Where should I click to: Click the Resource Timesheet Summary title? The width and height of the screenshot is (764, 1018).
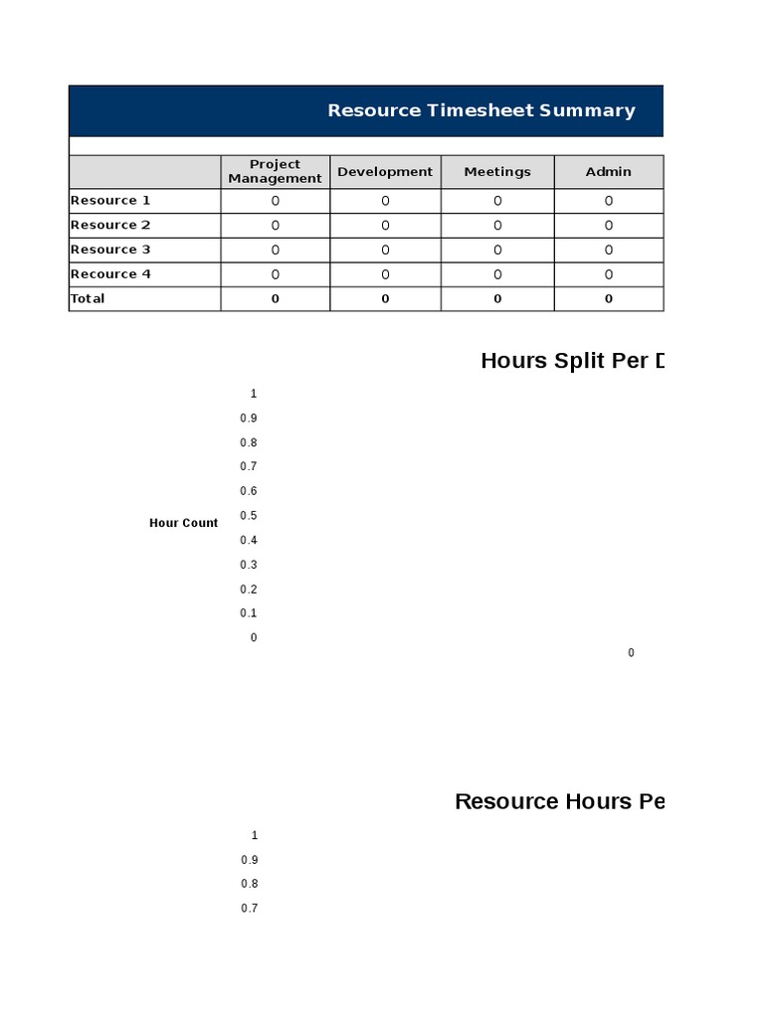coord(481,110)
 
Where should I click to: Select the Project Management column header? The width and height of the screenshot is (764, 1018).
coord(275,171)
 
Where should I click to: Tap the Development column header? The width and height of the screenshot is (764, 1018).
coord(385,171)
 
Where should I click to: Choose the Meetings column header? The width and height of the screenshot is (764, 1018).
coord(497,171)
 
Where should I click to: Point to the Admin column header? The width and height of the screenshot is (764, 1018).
coord(608,171)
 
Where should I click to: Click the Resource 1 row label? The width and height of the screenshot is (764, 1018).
coord(110,200)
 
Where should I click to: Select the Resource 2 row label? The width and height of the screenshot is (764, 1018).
coord(110,225)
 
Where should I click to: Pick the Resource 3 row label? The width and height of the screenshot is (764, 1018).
coord(110,250)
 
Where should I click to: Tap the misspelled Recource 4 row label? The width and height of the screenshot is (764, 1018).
coord(110,274)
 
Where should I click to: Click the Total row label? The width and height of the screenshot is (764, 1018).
coord(88,298)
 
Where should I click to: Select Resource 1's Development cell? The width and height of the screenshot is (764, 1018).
coord(385,200)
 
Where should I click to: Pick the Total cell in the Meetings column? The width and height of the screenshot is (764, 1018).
coord(497,298)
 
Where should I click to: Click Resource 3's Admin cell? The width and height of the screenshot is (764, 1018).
coord(608,250)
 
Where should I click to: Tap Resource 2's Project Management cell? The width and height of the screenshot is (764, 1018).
coord(275,225)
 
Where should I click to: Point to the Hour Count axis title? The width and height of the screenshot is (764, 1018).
coord(183,523)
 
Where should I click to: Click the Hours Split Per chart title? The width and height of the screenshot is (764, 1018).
coord(572,360)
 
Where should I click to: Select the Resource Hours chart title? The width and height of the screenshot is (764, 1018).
coord(559,801)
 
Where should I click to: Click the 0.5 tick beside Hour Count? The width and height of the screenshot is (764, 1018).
coord(249,515)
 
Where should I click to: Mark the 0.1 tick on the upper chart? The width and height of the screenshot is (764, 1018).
coord(249,612)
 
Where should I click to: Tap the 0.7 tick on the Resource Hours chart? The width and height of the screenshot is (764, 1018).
coord(249,908)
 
